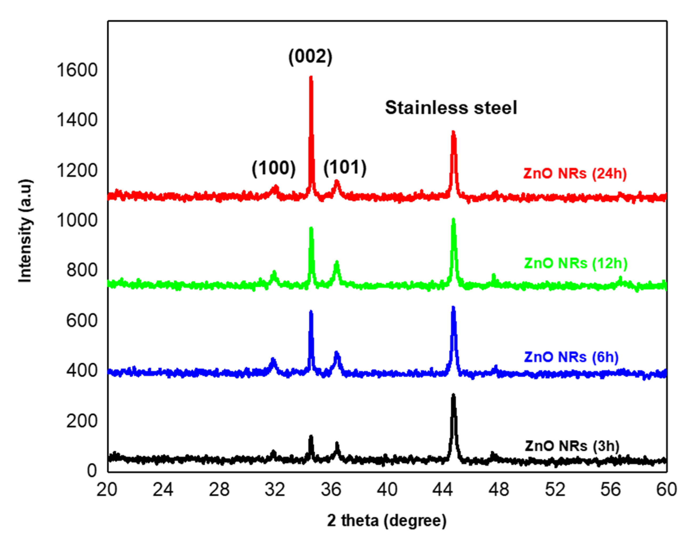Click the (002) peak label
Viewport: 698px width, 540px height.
pyautogui.click(x=310, y=57)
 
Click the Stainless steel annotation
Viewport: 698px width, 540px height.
pyautogui.click(x=451, y=107)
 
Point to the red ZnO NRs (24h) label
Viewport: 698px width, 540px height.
pyautogui.click(x=575, y=173)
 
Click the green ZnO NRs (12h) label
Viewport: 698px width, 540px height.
pyautogui.click(x=576, y=263)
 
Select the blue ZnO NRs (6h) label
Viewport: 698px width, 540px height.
pyautogui.click(x=571, y=357)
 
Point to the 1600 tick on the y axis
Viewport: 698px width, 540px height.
pyautogui.click(x=77, y=70)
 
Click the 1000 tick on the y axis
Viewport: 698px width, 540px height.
pyautogui.click(x=77, y=220)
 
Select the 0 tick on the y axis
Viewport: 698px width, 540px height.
pyautogui.click(x=92, y=471)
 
